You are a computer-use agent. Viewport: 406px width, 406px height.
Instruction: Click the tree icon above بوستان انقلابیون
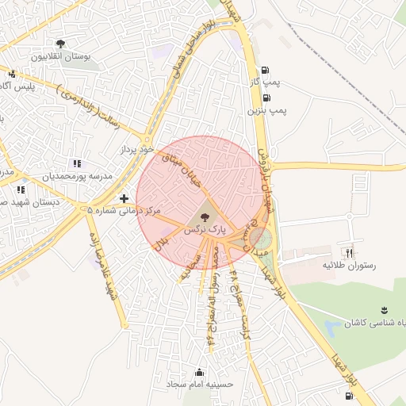click(61, 44)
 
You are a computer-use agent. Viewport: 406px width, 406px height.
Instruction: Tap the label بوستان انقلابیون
click(61, 57)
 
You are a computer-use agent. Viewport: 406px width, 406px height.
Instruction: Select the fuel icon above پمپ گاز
click(264, 69)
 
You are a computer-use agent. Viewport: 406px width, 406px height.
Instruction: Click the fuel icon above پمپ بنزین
click(264, 99)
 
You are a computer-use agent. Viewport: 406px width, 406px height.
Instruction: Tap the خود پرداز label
click(135, 148)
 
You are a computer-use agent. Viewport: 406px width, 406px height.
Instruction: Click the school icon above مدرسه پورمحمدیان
click(77, 163)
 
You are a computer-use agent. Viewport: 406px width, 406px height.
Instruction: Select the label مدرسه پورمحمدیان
click(77, 176)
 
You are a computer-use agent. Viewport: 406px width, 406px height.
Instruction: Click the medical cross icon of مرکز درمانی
click(123, 198)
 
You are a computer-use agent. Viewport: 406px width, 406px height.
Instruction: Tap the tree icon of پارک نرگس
click(205, 215)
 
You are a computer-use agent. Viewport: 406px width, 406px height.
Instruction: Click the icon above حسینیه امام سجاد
click(199, 372)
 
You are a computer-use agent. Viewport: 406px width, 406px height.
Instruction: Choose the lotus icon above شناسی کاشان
click(384, 309)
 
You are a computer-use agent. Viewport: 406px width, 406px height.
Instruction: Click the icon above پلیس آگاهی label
click(11, 74)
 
